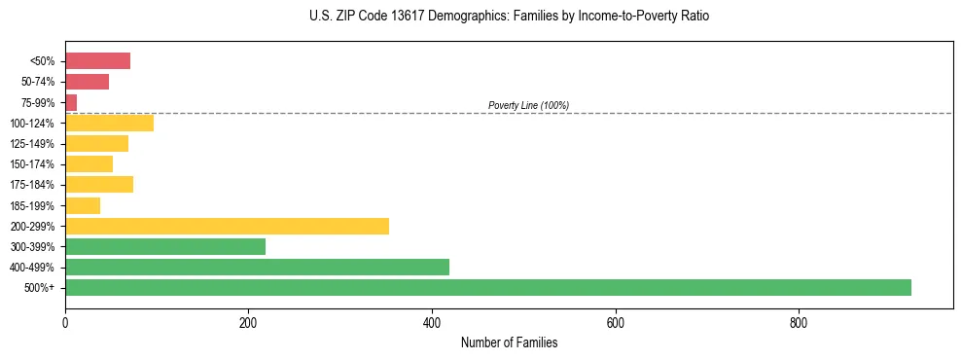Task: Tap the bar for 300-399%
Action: [x=165, y=246]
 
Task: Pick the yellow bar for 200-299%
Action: [x=227, y=226]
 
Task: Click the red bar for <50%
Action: [x=97, y=61]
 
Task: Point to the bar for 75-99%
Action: [x=71, y=102]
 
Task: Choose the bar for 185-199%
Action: [x=83, y=205]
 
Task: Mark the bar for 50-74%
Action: [x=87, y=82]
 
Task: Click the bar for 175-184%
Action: [x=99, y=185]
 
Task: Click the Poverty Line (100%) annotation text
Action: [x=528, y=105]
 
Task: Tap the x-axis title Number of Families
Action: [x=509, y=342]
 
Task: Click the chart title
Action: [x=509, y=18]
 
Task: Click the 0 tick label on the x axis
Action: [x=65, y=322]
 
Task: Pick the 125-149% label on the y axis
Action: [x=34, y=144]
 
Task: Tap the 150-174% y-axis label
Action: [x=34, y=164]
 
